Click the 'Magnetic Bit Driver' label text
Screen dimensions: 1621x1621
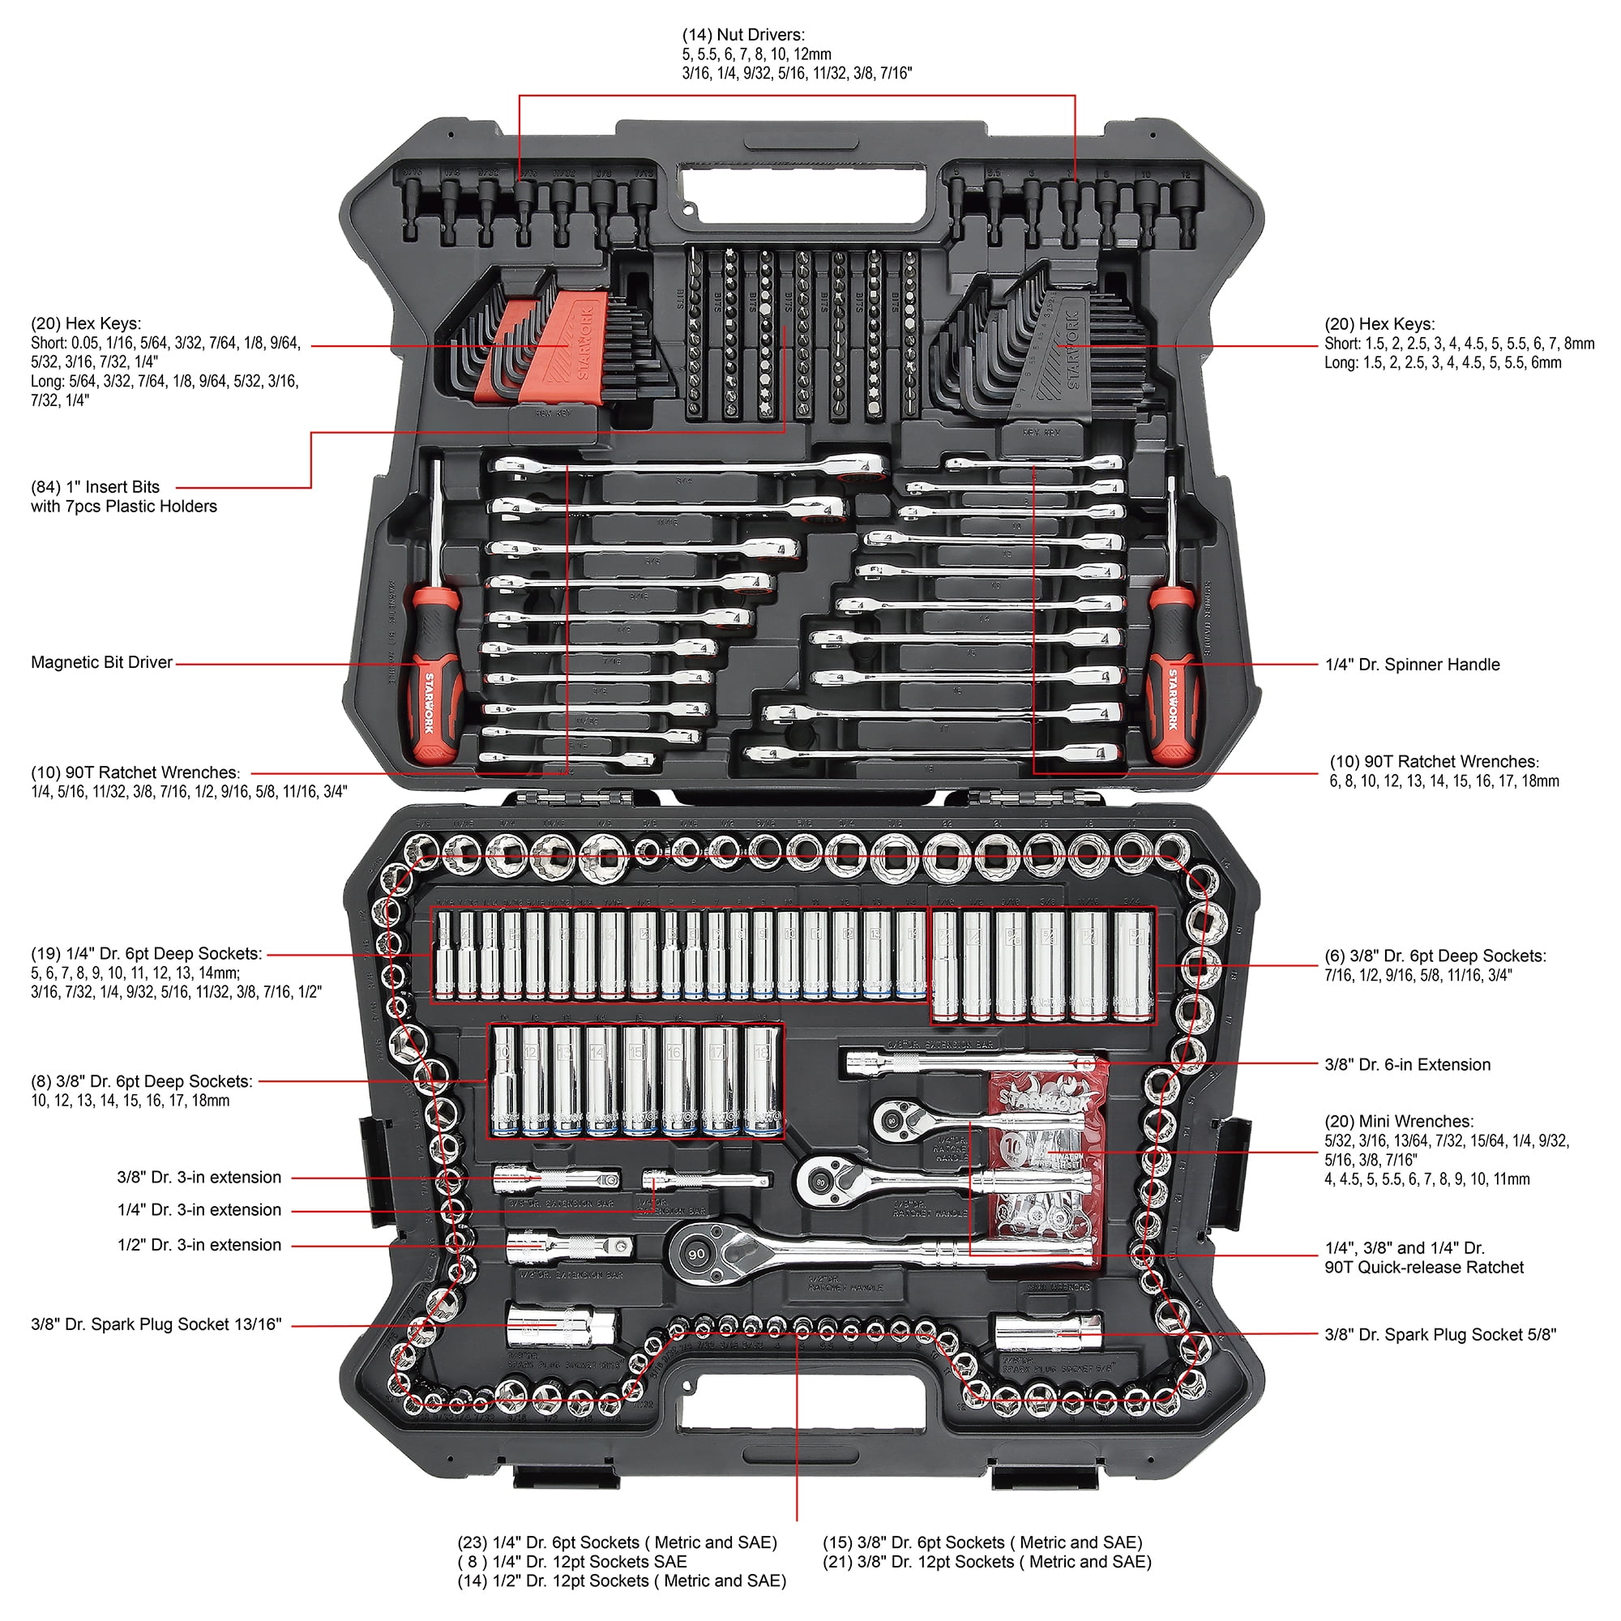coord(101,662)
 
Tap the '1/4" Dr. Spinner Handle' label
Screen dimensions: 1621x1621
coord(1412,665)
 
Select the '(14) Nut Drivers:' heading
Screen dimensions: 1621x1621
coord(742,35)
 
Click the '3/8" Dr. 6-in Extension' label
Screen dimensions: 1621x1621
coord(1407,1065)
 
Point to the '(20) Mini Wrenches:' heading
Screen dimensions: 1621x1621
coord(1399,1121)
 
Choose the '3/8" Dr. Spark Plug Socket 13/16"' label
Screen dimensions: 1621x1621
coord(156,1324)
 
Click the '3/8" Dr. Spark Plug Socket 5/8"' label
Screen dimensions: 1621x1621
coord(1439,1334)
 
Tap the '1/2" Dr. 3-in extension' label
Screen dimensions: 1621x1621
coord(199,1245)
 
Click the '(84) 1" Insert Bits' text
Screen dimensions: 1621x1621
coord(95,486)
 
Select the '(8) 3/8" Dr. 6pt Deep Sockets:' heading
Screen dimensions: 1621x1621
coord(142,1081)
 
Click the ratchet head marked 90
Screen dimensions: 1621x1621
coord(696,1254)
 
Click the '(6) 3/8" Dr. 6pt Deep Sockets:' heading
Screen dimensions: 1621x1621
coord(1435,956)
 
